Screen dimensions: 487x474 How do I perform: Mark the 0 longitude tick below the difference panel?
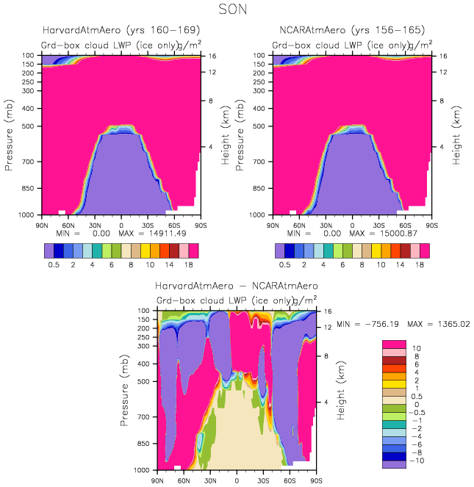pos(237,480)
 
